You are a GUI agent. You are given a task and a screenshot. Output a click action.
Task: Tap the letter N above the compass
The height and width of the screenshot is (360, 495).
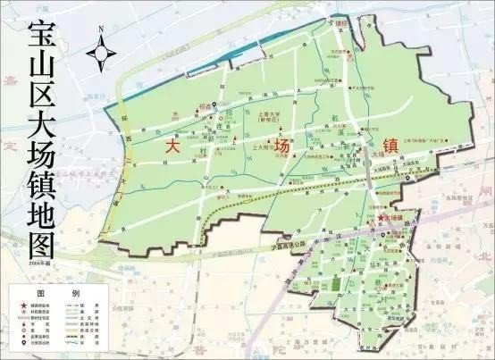click(x=101, y=29)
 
